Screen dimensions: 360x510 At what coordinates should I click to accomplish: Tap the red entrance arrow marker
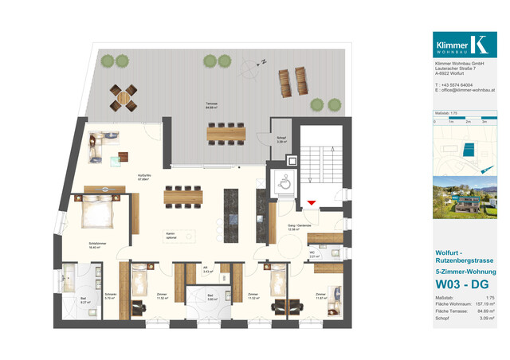tap(312, 203)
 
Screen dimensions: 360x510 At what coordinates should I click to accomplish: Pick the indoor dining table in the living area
tap(186, 194)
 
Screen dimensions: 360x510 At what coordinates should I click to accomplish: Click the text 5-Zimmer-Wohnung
tap(465, 268)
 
